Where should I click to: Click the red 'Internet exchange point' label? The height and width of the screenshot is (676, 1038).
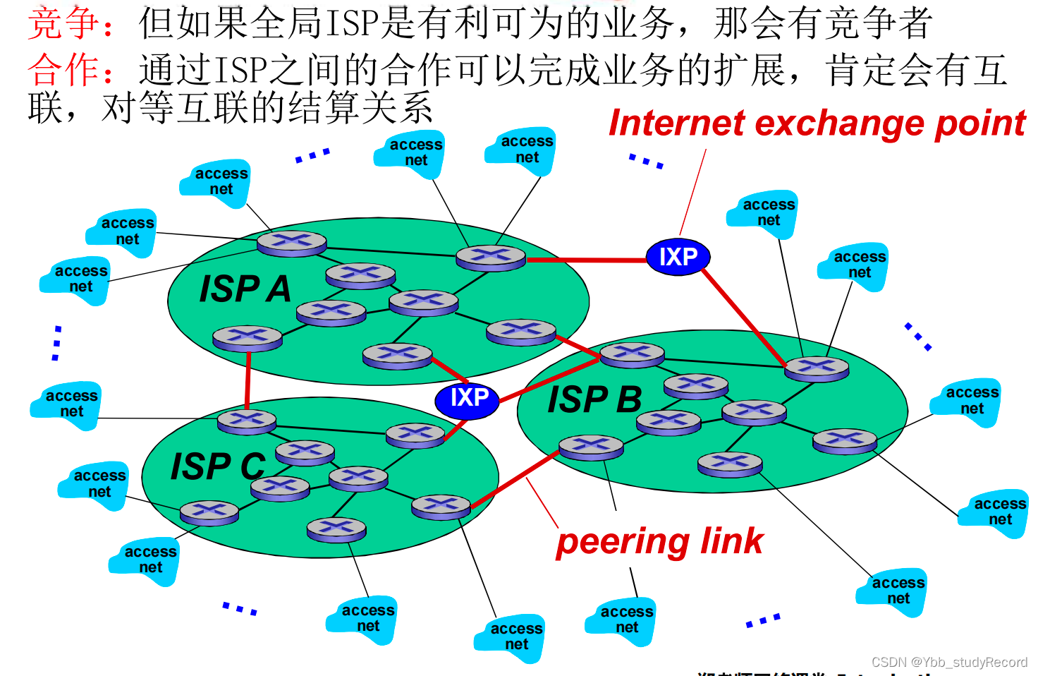coord(817,123)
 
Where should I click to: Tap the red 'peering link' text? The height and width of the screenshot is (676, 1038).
coord(659,542)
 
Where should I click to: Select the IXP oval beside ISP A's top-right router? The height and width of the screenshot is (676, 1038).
coord(678,257)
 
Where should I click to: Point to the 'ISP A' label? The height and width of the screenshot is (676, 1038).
coord(245,289)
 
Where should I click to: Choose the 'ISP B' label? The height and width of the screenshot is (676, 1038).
coord(594,399)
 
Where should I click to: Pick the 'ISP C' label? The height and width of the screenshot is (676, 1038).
coord(218,466)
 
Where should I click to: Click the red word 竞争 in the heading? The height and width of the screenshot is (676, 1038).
coord(63,23)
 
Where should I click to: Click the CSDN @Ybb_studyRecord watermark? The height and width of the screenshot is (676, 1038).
coord(949,662)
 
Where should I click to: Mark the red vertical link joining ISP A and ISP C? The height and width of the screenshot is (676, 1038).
coord(248,381)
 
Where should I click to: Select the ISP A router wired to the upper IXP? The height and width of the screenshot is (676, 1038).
coord(491,258)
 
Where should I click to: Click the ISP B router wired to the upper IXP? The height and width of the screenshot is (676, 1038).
coord(817,368)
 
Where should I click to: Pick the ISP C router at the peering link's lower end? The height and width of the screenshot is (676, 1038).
coord(441,507)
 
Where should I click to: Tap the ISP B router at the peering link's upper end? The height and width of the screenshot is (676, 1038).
coord(591,447)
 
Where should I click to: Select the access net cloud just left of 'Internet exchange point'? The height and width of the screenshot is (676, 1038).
coord(522,150)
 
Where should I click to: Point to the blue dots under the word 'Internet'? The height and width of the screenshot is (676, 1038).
coord(646,161)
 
